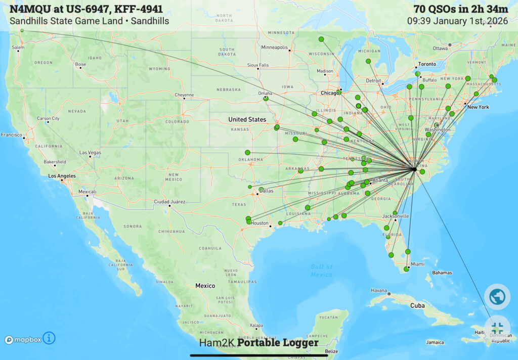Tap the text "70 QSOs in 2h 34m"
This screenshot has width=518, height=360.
[x=460, y=9]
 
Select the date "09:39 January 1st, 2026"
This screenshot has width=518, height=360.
[x=457, y=21]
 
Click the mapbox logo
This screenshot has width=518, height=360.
[x=23, y=340]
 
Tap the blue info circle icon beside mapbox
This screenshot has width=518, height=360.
[x=49, y=338]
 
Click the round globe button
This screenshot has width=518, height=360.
[x=496, y=296]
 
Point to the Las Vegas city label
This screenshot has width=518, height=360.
[x=90, y=153]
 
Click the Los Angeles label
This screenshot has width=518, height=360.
[x=61, y=176]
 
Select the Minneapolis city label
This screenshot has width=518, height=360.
[x=274, y=48]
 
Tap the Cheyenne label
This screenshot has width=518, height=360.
[x=184, y=95]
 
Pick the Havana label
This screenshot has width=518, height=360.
[x=378, y=290]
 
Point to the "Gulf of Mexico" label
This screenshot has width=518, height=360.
[x=322, y=271]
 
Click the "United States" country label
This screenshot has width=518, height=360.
[x=247, y=119]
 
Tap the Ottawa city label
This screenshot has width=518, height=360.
[x=440, y=49]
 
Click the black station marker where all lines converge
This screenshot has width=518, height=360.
[x=414, y=169]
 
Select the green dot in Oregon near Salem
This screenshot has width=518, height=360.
[x=22, y=31]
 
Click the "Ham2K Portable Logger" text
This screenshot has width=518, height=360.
[x=258, y=343]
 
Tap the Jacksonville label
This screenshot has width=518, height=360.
[x=395, y=216]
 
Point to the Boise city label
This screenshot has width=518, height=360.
[x=80, y=64]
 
